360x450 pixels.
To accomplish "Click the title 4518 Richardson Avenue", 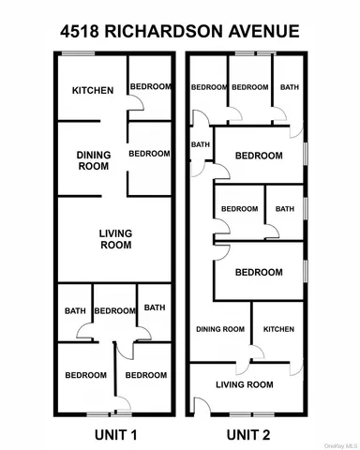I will (x=180, y=31).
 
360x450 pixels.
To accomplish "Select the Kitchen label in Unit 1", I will (x=93, y=91).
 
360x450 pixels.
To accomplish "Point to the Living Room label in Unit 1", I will (x=115, y=239).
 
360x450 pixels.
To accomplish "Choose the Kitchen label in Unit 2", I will (x=278, y=329).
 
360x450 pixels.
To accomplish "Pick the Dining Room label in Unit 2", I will (x=220, y=329).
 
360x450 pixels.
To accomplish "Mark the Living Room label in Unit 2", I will (x=244, y=384).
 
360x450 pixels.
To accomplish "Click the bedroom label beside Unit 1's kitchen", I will (x=150, y=87).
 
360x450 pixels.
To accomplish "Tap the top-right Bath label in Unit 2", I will (x=289, y=87).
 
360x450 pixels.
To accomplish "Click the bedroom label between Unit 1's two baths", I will (x=114, y=311).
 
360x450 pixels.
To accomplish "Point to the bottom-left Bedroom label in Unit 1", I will (x=85, y=375).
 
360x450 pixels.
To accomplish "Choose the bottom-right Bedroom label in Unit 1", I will (x=146, y=375).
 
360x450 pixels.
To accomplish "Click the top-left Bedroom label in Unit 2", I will (x=209, y=87).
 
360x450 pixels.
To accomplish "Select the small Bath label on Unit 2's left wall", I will (x=201, y=145).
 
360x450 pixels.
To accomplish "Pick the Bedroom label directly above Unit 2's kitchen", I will (x=259, y=272).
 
